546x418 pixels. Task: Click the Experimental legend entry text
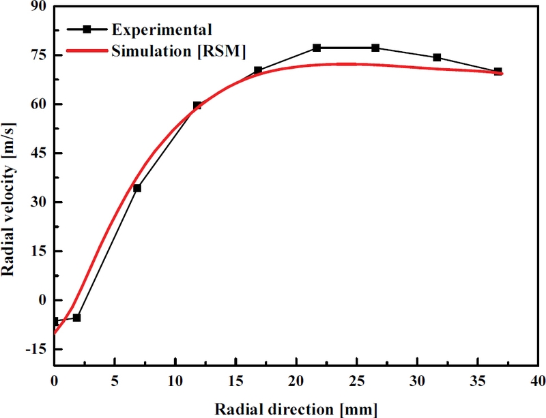tap(162, 29)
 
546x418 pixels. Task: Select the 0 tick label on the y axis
tap(42, 300)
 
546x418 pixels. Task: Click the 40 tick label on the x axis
tap(538, 379)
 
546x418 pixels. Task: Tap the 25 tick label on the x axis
tap(356, 379)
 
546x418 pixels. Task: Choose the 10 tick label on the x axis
tap(175, 379)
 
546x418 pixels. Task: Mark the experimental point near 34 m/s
tap(137, 188)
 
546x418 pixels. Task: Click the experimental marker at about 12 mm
tap(197, 106)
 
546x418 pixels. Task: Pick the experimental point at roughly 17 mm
tap(258, 70)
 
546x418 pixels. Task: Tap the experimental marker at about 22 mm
tap(317, 48)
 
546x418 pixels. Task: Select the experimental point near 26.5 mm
tap(375, 48)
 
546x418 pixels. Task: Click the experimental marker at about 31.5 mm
tap(437, 57)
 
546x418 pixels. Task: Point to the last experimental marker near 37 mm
tap(498, 72)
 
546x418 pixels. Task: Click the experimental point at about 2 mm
tap(77, 318)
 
